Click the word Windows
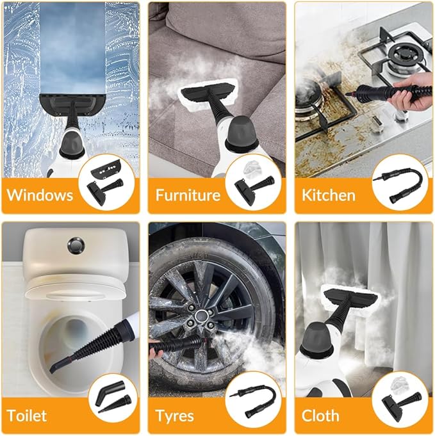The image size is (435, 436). tap(39, 194)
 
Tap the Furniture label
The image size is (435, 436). tap(188, 195)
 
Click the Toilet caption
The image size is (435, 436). tap(27, 415)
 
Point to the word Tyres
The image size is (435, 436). tap(175, 416)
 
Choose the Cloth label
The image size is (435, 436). tap(320, 415)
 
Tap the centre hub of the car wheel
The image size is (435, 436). tap(204, 315)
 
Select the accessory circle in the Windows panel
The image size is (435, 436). tap(106, 182)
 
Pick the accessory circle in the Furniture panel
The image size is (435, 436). tap(253, 182)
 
